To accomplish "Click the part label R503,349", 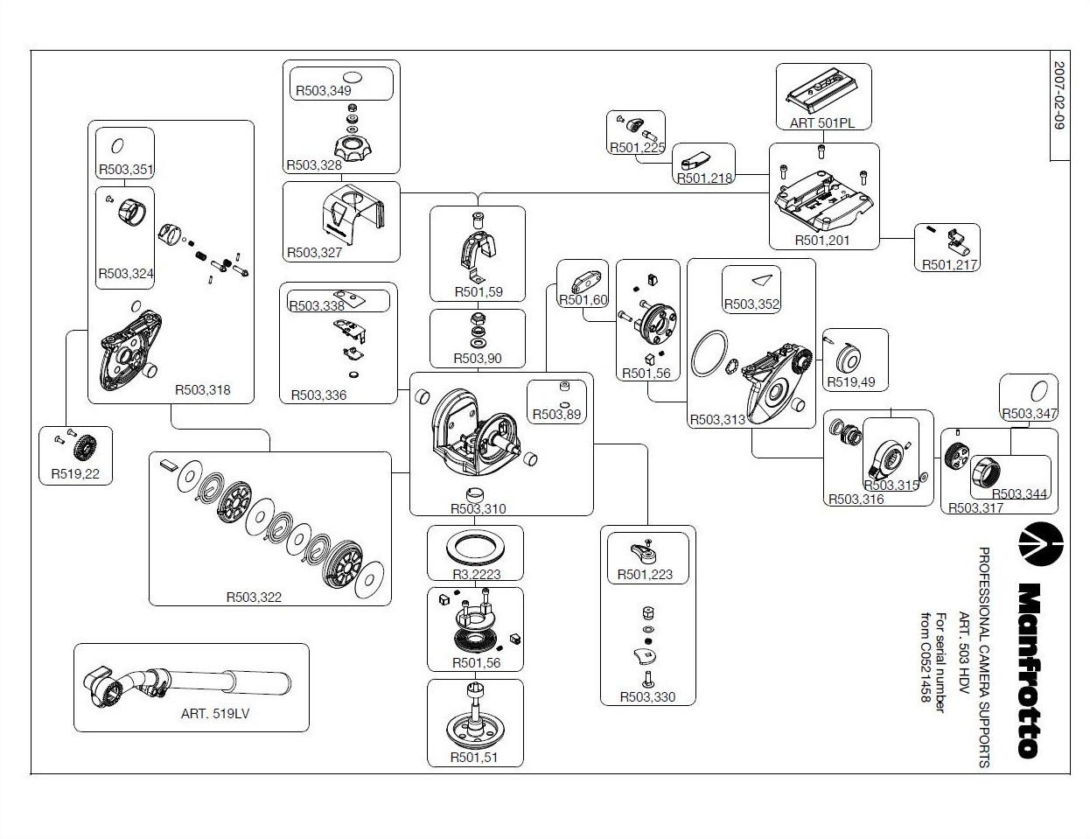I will coord(324,91).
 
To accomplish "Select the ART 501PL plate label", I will coord(822,123).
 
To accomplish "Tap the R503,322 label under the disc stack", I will coord(254,598).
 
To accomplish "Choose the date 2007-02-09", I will coord(1059,95).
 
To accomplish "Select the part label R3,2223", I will coord(476,574).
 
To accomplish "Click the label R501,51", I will coord(474,758).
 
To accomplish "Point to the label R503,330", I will coord(647,697).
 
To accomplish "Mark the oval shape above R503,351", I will coord(118,146).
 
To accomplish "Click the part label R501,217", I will coord(950,264).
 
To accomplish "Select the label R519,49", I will coord(851,382).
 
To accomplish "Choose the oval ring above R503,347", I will coord(1039,390).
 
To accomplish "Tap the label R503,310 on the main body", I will coord(478,509).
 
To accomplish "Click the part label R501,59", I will coord(479,292).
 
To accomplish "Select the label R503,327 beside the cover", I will coord(314,253).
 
